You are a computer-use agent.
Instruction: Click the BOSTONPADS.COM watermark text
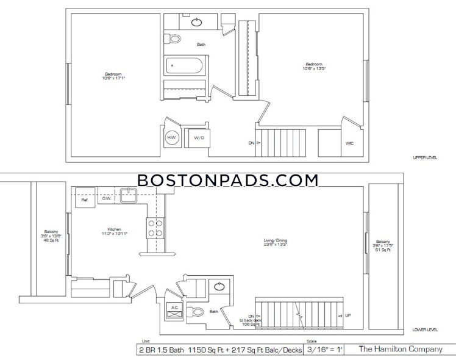click(x=227, y=180)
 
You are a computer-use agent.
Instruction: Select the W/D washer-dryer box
click(x=199, y=139)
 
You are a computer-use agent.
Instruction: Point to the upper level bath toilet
click(x=174, y=39)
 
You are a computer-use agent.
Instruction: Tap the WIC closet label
click(x=349, y=143)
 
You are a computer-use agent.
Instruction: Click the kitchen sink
click(x=128, y=196)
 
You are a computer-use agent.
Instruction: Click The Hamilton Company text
click(x=400, y=350)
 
